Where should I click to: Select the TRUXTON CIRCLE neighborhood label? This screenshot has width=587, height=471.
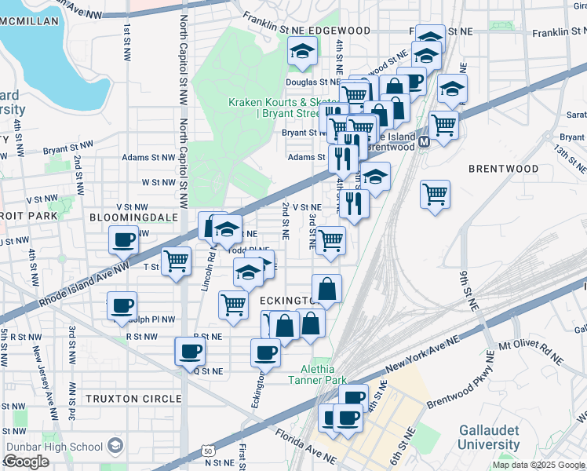133,399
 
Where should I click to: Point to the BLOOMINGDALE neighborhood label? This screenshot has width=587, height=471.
130,216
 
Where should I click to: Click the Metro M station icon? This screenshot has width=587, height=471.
424,142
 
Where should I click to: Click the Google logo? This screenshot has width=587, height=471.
26,462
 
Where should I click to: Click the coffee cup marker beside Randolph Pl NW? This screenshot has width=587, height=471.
122,306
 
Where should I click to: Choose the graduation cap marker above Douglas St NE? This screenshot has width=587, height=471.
301,52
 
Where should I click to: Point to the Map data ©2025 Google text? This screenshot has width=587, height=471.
538,465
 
